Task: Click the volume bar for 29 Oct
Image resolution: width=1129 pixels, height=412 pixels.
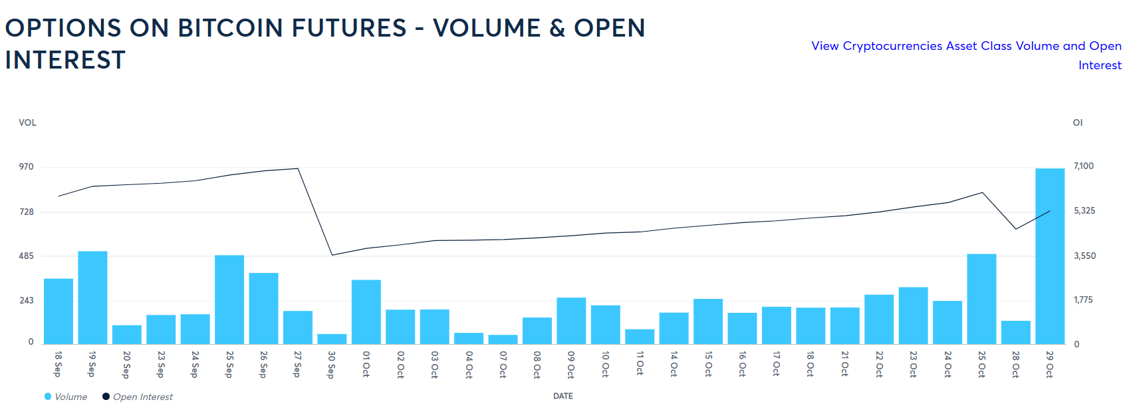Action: (x=1050, y=256)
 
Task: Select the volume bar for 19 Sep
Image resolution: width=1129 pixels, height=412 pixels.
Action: (x=92, y=298)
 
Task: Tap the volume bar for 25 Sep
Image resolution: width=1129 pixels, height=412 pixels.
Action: (x=229, y=300)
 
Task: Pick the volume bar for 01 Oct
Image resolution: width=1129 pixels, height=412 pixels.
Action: (x=366, y=311)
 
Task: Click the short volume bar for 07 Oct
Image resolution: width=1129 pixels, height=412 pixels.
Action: (x=503, y=339)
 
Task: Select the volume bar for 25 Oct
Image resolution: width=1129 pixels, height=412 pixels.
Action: (x=981, y=299)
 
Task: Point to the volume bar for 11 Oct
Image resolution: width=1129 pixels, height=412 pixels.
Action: (x=640, y=337)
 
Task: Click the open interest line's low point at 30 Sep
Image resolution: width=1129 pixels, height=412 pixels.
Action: (x=332, y=255)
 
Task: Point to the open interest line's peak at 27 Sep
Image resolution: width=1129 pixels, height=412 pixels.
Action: (x=297, y=168)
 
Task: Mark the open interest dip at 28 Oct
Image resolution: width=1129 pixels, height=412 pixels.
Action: (x=1015, y=229)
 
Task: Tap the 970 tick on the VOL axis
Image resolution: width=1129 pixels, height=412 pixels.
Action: (x=26, y=166)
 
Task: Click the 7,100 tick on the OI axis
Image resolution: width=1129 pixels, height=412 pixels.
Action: (x=1084, y=166)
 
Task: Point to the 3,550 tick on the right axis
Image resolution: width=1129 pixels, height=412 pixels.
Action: (x=1084, y=256)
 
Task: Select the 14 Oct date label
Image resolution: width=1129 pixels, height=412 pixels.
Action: (x=674, y=364)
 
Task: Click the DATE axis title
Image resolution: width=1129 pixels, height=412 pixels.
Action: (x=563, y=396)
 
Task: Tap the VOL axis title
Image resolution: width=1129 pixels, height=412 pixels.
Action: (x=27, y=122)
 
